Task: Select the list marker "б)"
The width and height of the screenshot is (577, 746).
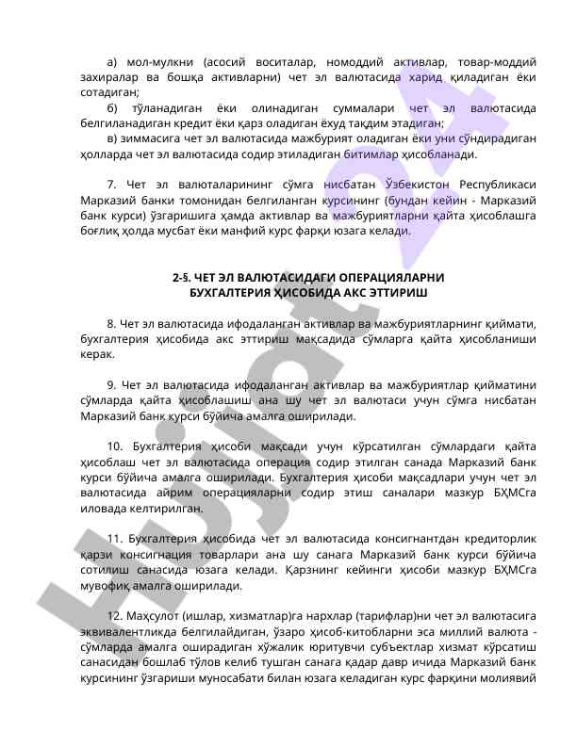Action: [114, 107]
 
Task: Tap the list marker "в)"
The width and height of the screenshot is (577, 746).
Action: [114, 138]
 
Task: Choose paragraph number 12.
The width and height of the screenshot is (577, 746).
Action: [115, 615]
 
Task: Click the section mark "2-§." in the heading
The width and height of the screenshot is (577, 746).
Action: [181, 278]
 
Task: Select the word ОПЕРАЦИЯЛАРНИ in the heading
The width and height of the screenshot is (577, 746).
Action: [393, 278]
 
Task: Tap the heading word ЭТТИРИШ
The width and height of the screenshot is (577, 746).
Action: [397, 293]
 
